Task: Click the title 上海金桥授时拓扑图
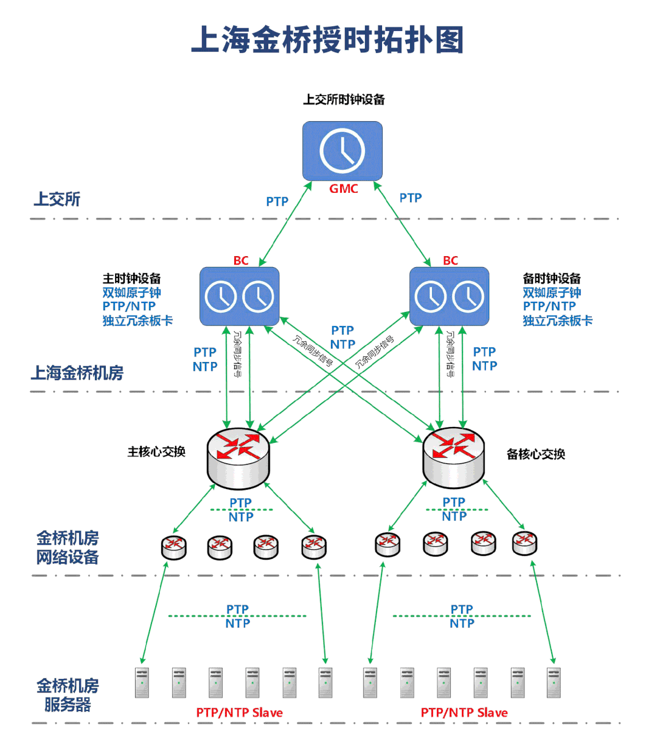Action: [328, 40]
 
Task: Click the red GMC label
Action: [344, 189]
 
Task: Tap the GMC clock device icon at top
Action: [342, 150]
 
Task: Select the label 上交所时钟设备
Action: [344, 99]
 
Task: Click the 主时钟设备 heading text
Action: [131, 279]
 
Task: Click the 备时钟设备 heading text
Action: [552, 279]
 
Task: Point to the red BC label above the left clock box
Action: [241, 260]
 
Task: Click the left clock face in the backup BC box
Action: [431, 297]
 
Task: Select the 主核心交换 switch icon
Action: [238, 458]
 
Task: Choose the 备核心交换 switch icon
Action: [454, 457]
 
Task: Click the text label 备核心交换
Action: [535, 454]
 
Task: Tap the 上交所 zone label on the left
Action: [57, 199]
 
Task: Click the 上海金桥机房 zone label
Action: [77, 372]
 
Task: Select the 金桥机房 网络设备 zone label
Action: [68, 547]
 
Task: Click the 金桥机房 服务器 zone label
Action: [68, 695]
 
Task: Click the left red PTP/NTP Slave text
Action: [239, 712]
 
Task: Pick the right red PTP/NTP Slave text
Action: [464, 712]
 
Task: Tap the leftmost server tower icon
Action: [142, 682]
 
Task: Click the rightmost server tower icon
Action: [554, 682]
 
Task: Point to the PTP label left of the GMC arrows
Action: [277, 201]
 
